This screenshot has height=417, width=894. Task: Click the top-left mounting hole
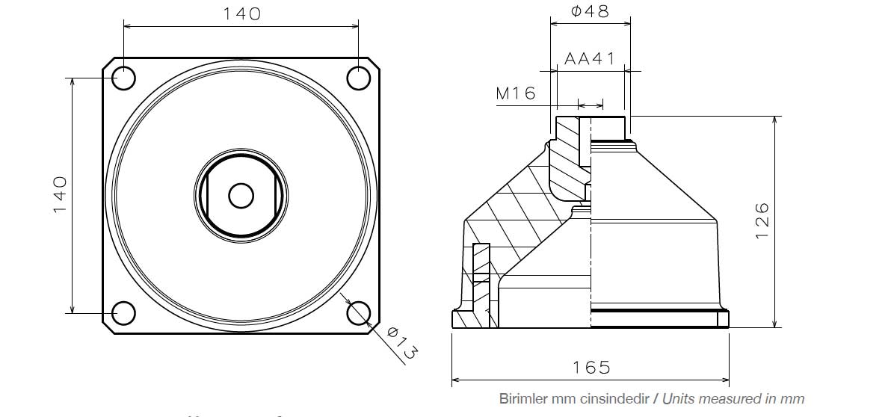tap(123, 78)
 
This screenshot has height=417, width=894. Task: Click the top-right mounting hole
tap(359, 78)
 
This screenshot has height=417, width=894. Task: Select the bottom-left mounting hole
tap(123, 313)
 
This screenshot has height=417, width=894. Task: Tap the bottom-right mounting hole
tap(359, 313)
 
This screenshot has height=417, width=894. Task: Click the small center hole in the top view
tap(241, 195)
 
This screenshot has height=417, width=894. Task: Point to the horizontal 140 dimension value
tap(241, 13)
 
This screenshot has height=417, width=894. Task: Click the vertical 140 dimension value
tap(61, 195)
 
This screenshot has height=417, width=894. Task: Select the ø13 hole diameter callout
tap(401, 344)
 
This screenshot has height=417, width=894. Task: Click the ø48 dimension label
tap(590, 10)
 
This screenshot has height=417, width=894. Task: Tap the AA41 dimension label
tap(590, 59)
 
